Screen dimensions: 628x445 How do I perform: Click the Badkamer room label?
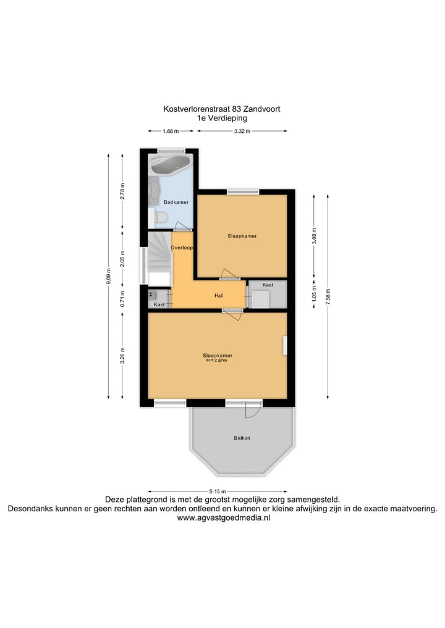(176, 202)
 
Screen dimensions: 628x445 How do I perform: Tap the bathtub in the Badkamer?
(170, 164)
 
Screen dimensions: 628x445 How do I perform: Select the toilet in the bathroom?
(161, 217)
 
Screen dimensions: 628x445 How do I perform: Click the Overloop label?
(182, 248)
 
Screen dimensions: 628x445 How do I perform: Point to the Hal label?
(218, 296)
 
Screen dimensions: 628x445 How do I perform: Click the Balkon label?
(242, 438)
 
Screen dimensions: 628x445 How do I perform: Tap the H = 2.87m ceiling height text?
(217, 361)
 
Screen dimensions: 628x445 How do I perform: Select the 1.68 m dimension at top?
(171, 131)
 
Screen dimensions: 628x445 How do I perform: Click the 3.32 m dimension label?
(242, 131)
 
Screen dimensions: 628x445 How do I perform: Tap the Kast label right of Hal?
(268, 285)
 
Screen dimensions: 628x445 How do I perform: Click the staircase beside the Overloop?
(158, 257)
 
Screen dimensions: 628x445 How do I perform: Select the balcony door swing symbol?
(252, 411)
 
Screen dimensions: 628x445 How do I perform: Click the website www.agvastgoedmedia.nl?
(223, 519)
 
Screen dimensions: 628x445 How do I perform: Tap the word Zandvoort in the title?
(264, 109)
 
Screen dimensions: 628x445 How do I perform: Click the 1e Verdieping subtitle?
(222, 118)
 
